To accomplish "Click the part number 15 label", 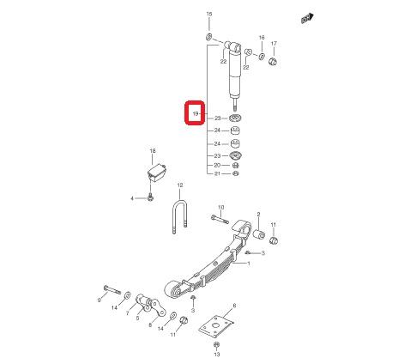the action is point(209,14).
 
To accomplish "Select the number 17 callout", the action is point(274,44).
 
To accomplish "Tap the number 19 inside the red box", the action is point(196,113).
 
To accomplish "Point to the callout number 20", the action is point(217,166).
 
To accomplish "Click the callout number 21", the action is point(217,173).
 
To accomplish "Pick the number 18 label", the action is point(153,151).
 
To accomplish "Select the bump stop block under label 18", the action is point(157,172).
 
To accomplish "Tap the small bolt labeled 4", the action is point(150,197).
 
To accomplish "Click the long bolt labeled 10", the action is point(220,220).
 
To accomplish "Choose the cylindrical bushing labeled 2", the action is point(259,234).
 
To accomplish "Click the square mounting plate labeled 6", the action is point(216,327).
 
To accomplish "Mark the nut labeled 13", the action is point(216,344).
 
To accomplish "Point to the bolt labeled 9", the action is point(112,290).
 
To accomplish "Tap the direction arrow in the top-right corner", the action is point(307,19).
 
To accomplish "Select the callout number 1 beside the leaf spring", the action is point(249,264).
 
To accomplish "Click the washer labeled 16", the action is point(262,57).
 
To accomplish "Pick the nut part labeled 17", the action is point(274,61).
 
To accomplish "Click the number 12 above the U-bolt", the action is point(180,185).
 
